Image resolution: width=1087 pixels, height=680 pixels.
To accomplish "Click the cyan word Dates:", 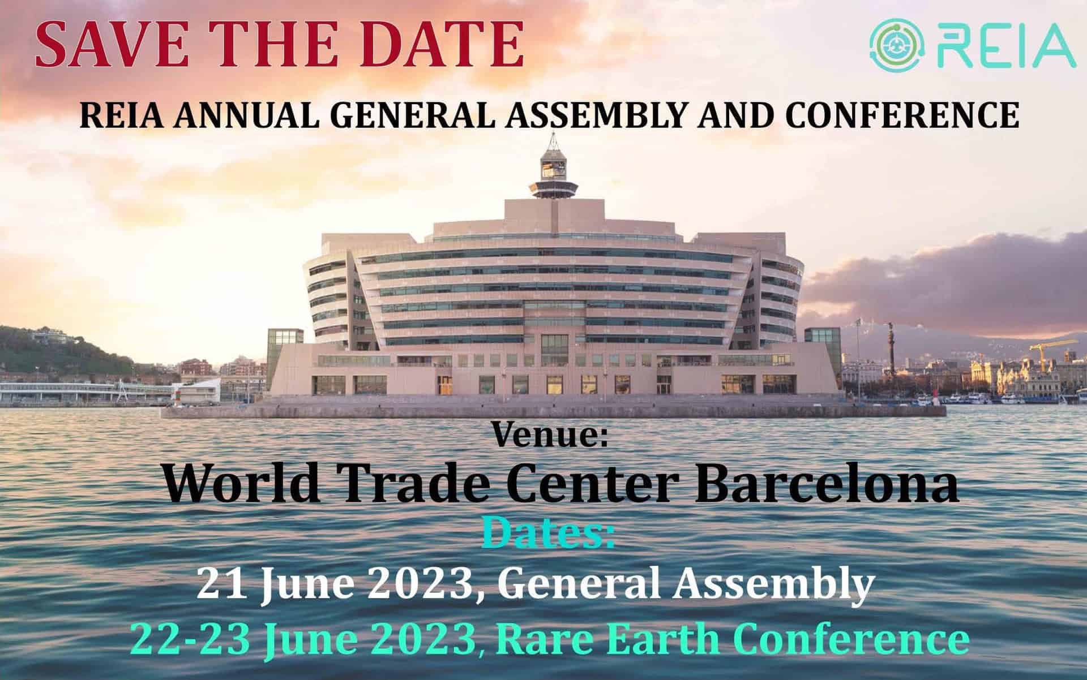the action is pos(549,532).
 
